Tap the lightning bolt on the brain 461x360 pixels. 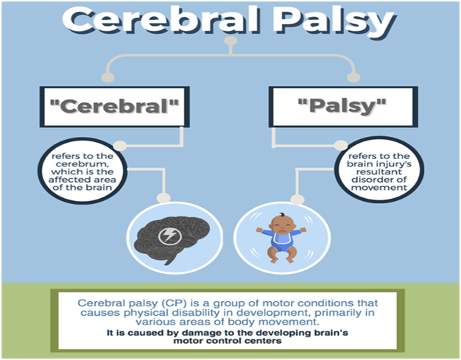click(169, 237)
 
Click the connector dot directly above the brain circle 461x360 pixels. click(163, 197)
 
